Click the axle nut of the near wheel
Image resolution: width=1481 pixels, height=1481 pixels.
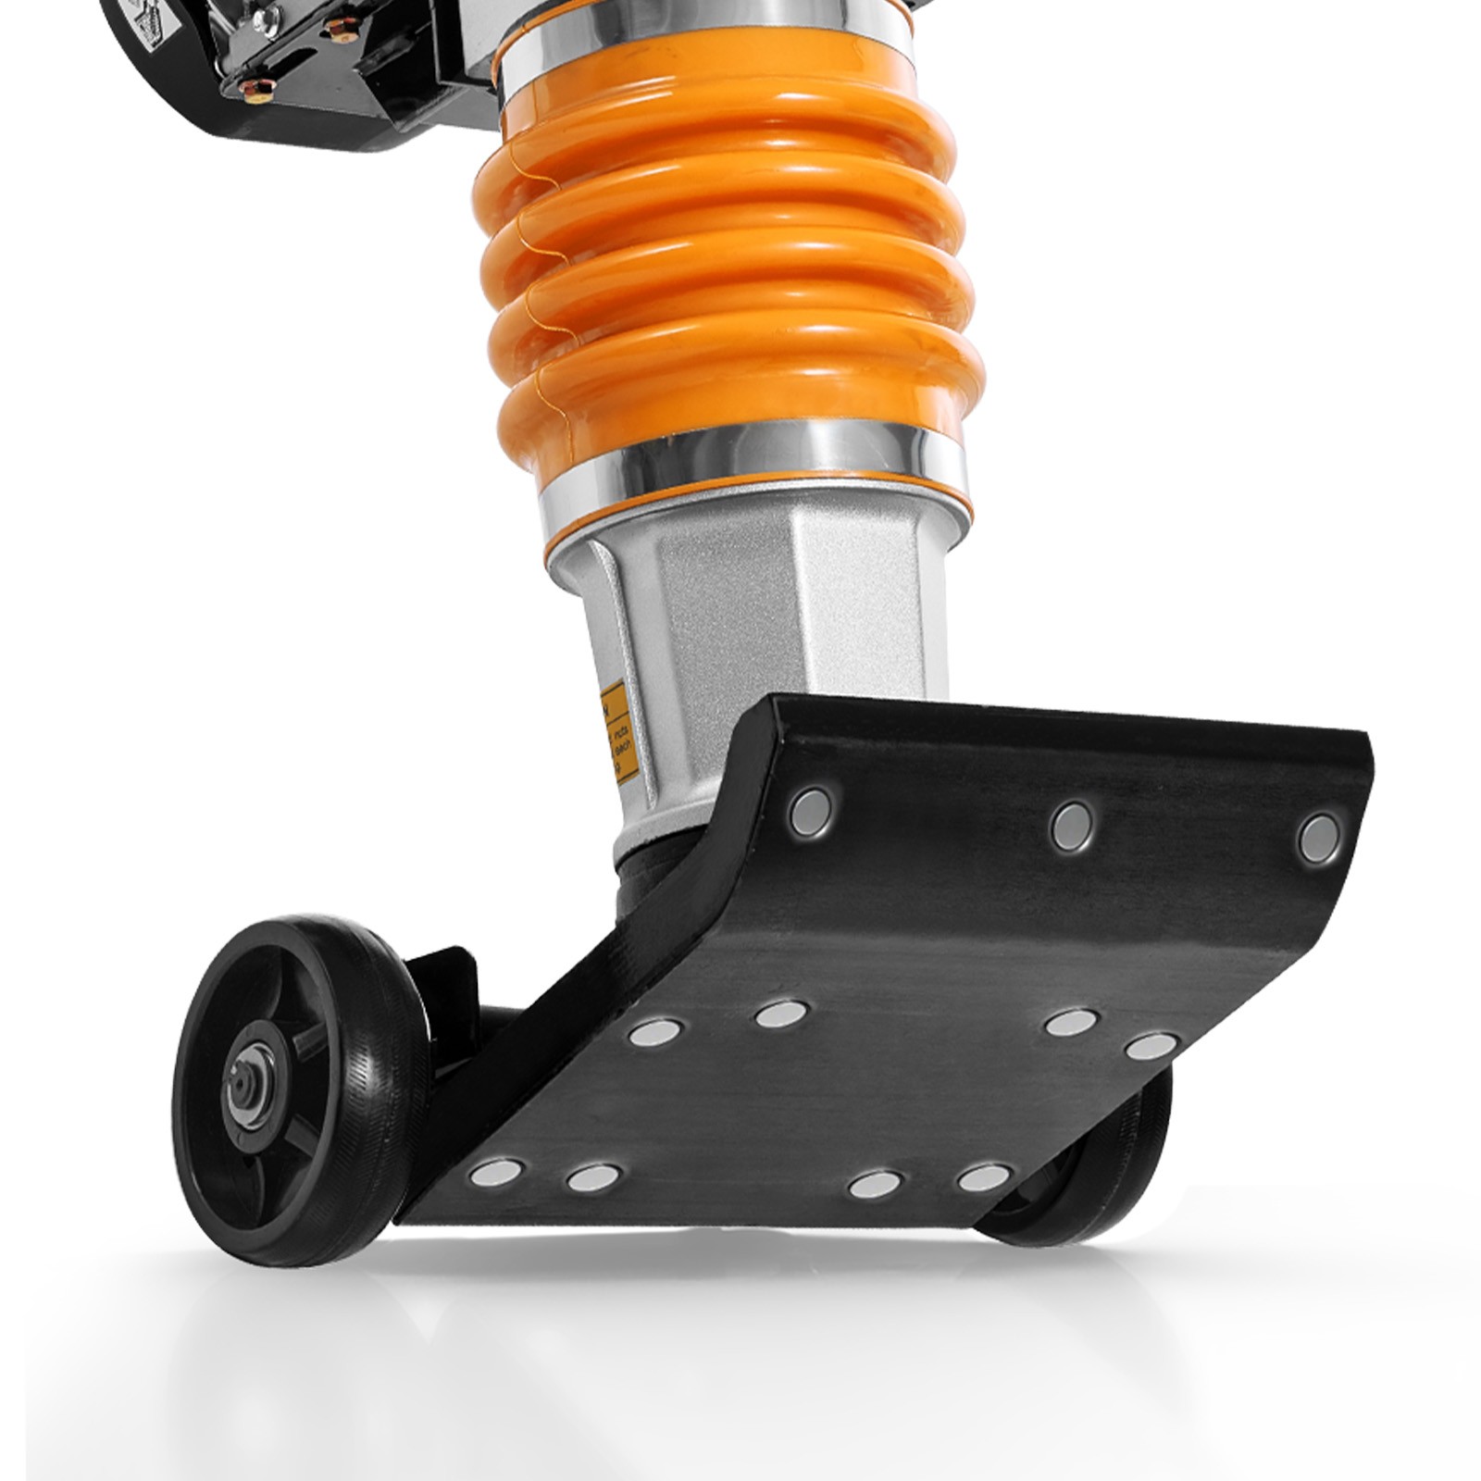pos(243,1089)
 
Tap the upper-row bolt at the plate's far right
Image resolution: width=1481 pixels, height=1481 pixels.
pos(1318,838)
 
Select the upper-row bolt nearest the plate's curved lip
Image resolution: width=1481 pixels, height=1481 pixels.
pos(811,809)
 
